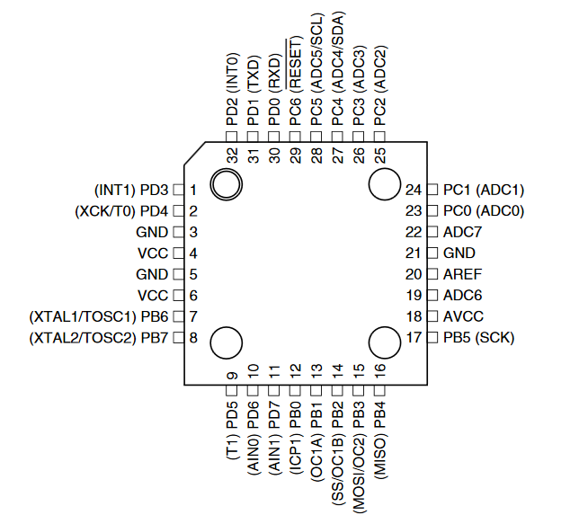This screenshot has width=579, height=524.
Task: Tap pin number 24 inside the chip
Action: tap(414, 190)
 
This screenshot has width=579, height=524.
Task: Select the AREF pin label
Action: tap(459, 274)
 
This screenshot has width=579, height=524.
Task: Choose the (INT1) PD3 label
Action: tap(130, 190)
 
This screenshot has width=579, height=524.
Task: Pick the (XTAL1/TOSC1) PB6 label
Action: tap(99, 316)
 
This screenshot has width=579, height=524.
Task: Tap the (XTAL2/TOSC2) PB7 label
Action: tap(99, 338)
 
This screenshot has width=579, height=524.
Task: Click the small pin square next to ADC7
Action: tap(430, 232)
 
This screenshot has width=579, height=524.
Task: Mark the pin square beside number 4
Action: tap(178, 253)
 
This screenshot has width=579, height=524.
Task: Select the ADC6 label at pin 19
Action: tap(459, 296)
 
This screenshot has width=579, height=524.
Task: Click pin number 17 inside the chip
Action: tap(414, 338)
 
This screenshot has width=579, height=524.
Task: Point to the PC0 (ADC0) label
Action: tap(484, 211)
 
